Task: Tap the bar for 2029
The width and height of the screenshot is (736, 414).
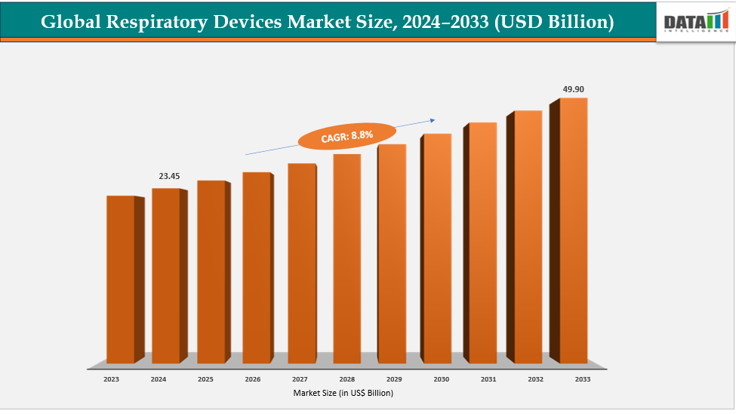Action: tap(392, 253)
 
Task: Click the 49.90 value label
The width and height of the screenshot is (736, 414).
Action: tap(573, 89)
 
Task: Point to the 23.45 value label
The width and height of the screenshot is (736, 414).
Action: tap(168, 176)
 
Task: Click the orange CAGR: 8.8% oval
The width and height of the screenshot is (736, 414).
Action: tap(346, 136)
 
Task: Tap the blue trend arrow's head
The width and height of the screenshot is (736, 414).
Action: tap(434, 119)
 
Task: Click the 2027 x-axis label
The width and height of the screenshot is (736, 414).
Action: tap(299, 379)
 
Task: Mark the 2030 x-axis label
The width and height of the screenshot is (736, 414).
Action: tap(441, 379)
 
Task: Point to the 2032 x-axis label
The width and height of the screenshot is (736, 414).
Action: tap(535, 379)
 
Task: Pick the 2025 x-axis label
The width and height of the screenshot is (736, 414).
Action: tap(205, 379)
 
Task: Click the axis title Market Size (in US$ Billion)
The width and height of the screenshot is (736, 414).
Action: tap(343, 393)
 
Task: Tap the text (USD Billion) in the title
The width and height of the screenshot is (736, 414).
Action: tap(554, 23)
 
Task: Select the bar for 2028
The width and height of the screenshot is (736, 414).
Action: tap(346, 258)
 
